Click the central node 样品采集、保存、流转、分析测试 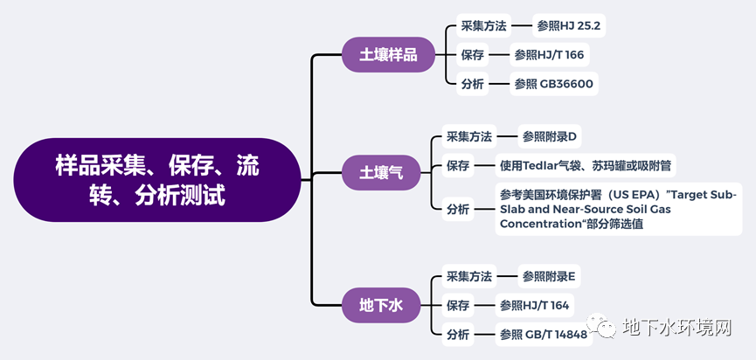coord(157,179)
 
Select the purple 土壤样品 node coord(388,54)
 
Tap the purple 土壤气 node coord(381,172)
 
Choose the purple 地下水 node coord(381,305)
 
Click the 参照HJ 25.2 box coord(570,25)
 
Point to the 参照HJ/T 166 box coord(549,55)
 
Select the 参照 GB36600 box coord(554,84)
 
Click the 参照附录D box coord(550,136)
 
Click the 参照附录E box coord(549,277)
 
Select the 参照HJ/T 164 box coord(534,306)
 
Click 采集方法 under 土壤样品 coord(483,25)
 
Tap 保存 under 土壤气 coord(458,165)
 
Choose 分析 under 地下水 coord(458,335)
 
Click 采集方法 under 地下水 coord(469,277)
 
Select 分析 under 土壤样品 coord(472,84)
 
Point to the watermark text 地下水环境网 coord(677,329)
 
